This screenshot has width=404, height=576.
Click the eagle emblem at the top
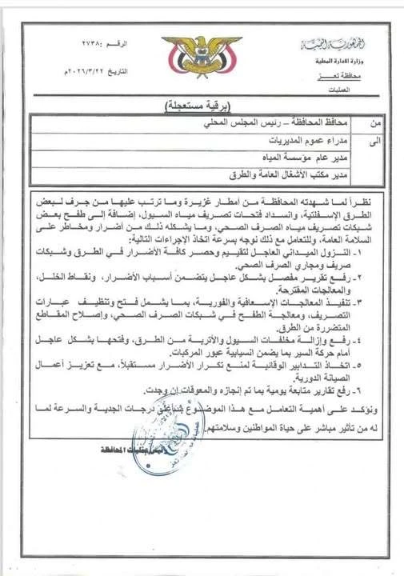coord(202,57)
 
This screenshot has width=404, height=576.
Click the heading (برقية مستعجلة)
coord(203,106)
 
